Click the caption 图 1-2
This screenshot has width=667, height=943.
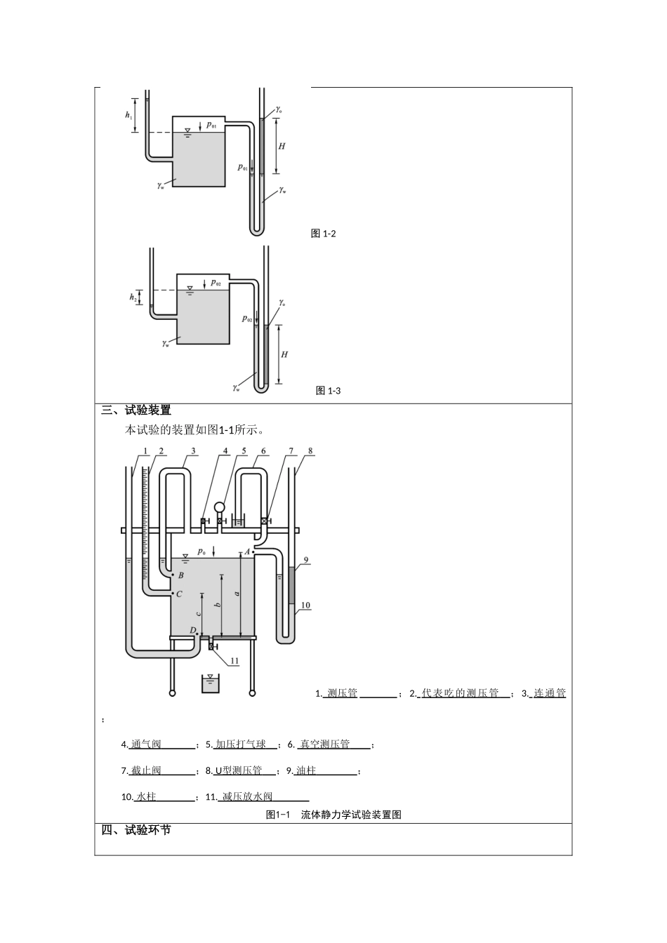323,234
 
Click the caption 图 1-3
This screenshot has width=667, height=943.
328,391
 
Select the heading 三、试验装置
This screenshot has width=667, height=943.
136,410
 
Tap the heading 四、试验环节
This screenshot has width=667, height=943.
136,831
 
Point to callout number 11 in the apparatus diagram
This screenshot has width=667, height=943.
235,660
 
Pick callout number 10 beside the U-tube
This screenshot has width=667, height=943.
305,605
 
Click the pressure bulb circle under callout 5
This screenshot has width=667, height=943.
220,507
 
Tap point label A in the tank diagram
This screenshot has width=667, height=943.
247,551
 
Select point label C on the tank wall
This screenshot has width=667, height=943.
180,594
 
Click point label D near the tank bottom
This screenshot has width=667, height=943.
192,630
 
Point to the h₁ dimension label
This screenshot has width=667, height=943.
128,115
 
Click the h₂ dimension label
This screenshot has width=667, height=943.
133,297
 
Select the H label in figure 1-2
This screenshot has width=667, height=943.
282,146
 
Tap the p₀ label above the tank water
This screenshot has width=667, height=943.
202,551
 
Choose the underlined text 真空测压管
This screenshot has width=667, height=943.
324,744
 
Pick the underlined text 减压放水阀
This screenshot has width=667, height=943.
247,796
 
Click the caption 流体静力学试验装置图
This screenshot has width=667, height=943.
351,815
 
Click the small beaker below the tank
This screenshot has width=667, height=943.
210,683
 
